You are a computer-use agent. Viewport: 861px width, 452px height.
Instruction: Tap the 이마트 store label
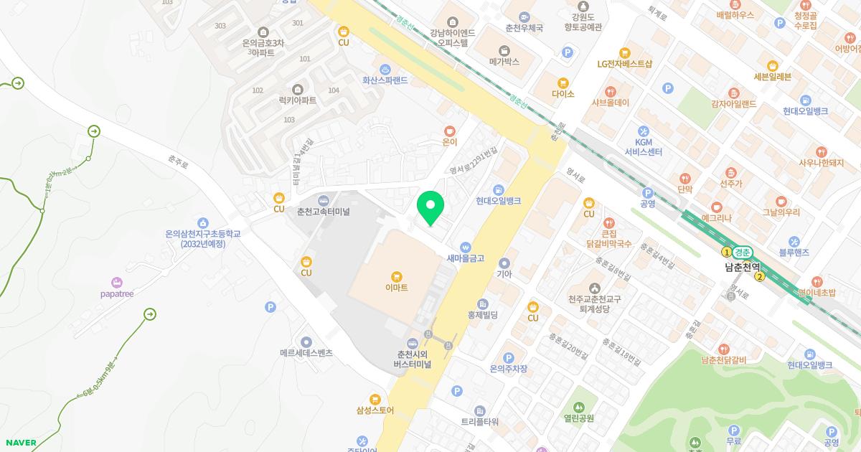point(396,287)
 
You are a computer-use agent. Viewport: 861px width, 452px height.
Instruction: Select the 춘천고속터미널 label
point(323,212)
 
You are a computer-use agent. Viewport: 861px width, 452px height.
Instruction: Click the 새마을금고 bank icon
point(466,246)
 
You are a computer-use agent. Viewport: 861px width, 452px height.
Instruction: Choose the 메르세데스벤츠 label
point(306,353)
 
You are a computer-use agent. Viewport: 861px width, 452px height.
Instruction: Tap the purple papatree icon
point(117,282)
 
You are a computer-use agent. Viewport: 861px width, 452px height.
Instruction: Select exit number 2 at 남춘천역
point(760,277)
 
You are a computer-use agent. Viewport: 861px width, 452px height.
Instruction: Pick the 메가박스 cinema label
point(504,62)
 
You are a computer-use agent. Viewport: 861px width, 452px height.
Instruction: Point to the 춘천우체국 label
point(524,28)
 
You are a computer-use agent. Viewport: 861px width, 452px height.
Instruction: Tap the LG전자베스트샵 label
point(625,63)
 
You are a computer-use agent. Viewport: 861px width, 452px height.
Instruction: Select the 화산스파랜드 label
point(385,80)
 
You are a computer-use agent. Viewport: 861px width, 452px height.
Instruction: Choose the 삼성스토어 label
point(375,410)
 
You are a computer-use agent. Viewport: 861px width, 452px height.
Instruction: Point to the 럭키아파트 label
point(298,100)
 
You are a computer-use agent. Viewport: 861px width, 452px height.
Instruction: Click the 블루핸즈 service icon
point(794,242)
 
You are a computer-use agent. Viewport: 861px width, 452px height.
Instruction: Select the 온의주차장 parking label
point(509,369)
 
